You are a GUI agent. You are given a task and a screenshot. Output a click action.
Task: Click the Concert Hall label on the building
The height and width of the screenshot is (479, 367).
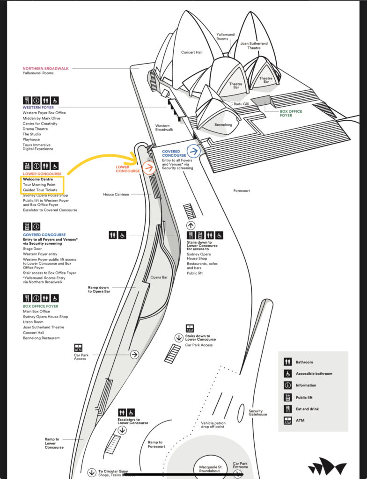[192, 52]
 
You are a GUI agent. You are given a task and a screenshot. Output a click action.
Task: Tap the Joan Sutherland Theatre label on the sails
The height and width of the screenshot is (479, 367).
[254, 45]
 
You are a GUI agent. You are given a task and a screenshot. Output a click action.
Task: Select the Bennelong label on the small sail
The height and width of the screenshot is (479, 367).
[223, 124]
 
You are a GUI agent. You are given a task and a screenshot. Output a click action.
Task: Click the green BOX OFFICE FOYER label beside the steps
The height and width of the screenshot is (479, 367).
[291, 113]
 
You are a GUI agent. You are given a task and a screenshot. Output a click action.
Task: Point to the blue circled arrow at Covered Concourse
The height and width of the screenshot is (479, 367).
[194, 151]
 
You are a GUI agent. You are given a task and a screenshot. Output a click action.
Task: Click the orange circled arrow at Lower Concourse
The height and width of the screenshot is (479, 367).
[149, 168]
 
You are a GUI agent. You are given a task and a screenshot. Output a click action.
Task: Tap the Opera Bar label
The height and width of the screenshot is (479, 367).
[159, 277]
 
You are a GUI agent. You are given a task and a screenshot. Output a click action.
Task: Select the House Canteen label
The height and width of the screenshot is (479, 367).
[116, 194]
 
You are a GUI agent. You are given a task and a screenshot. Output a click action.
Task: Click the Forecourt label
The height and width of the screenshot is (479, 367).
[242, 191]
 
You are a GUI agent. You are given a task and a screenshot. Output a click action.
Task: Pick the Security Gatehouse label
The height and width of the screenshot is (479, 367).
[258, 413]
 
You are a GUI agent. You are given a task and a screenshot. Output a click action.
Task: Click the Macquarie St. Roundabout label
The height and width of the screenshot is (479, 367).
[211, 469]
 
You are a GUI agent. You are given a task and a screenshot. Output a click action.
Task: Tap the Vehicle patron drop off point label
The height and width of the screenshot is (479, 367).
[213, 425]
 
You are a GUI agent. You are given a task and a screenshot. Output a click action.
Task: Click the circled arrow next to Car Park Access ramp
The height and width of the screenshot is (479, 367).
[134, 355]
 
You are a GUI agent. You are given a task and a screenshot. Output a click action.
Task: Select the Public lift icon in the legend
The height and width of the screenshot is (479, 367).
[288, 398]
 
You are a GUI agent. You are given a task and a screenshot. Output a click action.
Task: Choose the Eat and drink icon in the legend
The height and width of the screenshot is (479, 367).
[288, 409]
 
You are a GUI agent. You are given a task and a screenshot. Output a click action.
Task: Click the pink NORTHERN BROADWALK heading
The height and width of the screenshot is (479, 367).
[45, 68]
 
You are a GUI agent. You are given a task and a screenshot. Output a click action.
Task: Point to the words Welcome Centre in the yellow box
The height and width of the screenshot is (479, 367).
[38, 179]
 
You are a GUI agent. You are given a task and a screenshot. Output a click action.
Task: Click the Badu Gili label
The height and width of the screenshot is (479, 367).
[241, 104]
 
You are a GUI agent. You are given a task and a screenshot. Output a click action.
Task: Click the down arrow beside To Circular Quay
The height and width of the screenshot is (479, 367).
[92, 472]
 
